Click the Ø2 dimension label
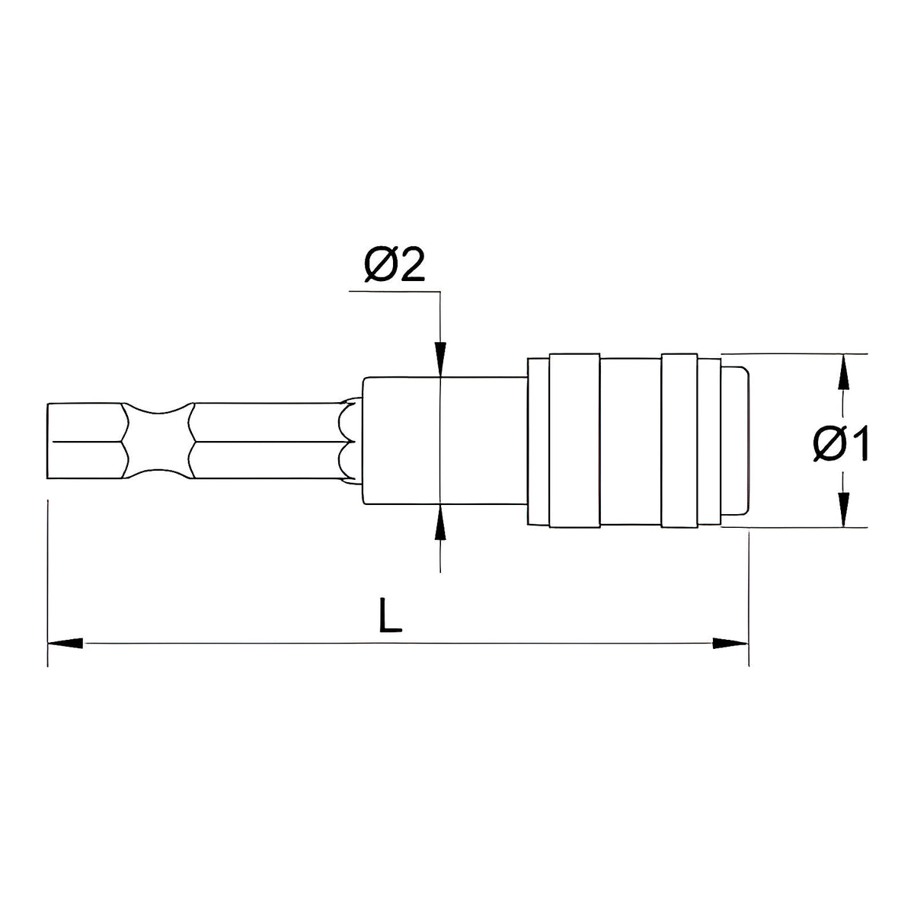394,264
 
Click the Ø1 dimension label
840,443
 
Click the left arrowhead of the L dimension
66,644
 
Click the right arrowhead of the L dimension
730,644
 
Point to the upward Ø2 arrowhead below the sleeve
441,523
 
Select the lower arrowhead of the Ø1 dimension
842,510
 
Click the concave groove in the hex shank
158,441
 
